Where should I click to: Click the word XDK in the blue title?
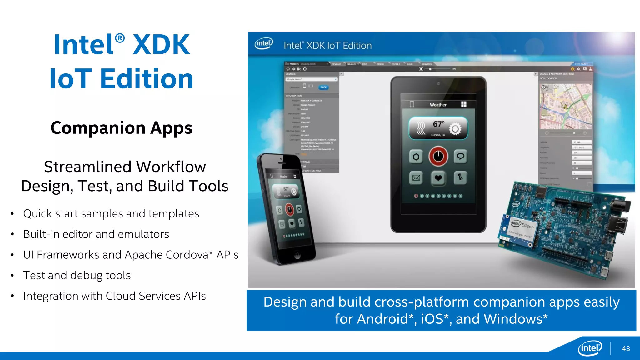[x=161, y=45]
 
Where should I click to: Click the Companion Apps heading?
[x=121, y=128]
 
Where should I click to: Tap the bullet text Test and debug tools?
[x=77, y=275]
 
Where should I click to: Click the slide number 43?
[x=626, y=348]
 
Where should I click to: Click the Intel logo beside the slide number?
[x=590, y=348]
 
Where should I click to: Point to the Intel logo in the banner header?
[x=264, y=44]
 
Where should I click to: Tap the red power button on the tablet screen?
[x=438, y=156]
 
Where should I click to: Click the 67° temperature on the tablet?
[x=438, y=124]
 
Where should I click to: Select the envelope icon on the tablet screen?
[x=416, y=178]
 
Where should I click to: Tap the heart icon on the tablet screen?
[x=438, y=178]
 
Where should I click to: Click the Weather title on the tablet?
[x=438, y=105]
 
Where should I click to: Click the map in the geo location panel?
[x=566, y=106]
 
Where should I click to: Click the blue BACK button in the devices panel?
[x=323, y=87]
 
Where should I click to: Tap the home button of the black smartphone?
[x=297, y=255]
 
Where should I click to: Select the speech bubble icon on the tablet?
[x=460, y=156]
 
